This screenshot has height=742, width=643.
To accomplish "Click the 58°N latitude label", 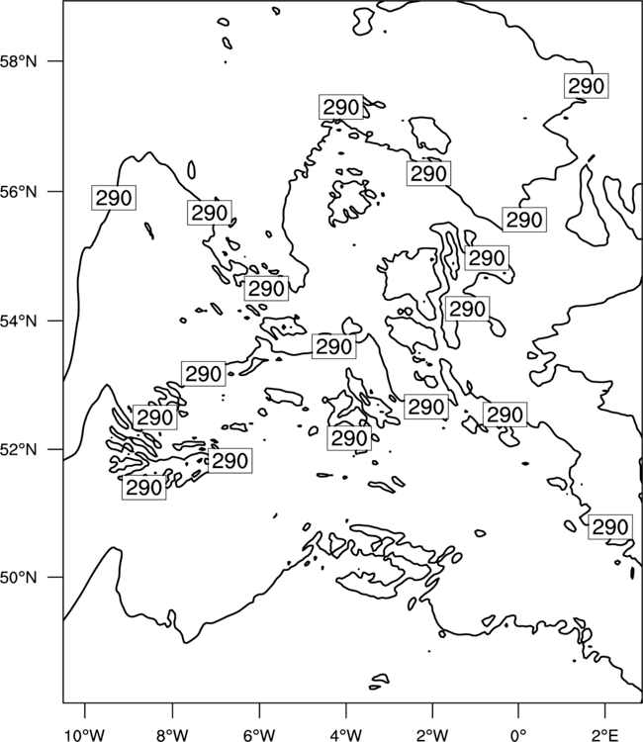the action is tap(19, 61).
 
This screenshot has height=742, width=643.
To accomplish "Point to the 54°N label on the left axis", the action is tap(19, 321).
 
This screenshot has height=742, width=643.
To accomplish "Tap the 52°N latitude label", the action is tap(19, 449).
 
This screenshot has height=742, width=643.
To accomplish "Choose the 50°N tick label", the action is tap(19, 578).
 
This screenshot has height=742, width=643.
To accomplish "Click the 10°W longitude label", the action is tap(85, 734).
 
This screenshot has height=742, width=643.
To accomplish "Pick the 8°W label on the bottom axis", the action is tap(172, 734).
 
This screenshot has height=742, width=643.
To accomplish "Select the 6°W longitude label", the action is tap(259, 734).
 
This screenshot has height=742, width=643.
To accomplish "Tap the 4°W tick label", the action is tap(345, 734).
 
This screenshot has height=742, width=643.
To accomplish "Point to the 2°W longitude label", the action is tap(432, 734).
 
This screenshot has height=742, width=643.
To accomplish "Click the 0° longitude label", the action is tap(518, 734).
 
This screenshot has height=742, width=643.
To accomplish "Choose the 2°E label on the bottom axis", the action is tap(605, 734).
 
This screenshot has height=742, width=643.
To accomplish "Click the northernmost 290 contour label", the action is tap(587, 86).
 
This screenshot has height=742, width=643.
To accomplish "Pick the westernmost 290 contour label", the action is tap(114, 198).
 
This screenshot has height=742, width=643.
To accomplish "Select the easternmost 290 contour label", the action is tap(610, 526).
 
